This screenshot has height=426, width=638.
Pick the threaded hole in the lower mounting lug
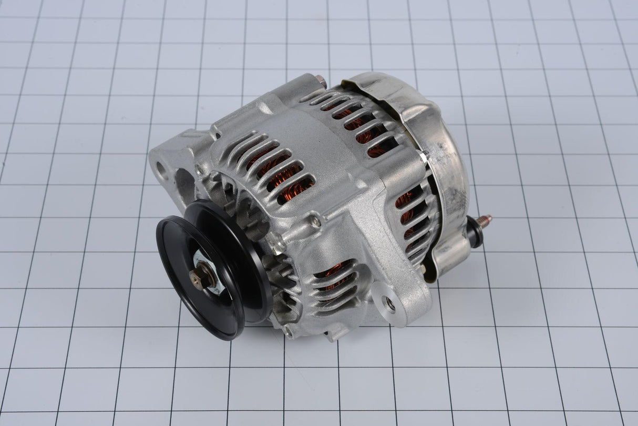click(x=389, y=302)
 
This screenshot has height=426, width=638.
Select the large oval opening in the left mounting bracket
click(x=184, y=181)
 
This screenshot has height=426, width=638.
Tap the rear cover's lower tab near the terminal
click(x=447, y=258)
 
